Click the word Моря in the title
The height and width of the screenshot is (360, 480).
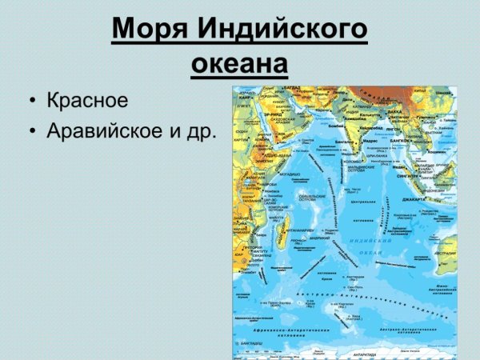(147, 30)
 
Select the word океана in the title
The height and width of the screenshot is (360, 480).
(239, 64)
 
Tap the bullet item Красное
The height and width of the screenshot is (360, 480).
(87, 101)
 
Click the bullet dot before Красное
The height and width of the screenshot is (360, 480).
(31, 102)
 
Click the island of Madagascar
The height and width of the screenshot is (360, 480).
(281, 233)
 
